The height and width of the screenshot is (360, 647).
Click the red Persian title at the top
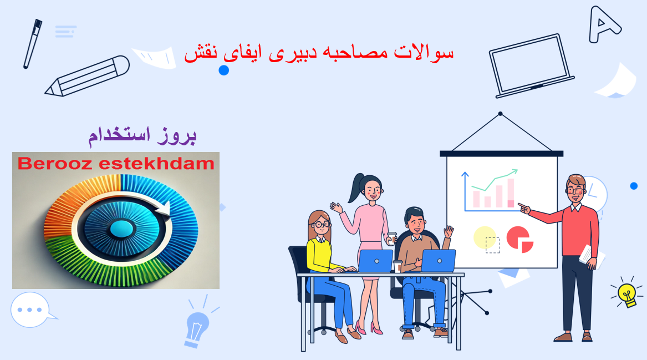point(319,53)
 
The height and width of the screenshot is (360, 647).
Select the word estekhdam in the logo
point(157,164)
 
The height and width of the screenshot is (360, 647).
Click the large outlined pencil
point(88,77)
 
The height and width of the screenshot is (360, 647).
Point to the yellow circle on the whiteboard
point(485,237)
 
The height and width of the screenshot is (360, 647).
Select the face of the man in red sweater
point(575,190)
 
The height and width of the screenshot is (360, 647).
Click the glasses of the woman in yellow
point(321,225)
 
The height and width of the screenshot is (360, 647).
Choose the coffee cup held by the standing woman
point(391,238)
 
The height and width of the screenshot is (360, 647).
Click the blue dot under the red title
point(223,70)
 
